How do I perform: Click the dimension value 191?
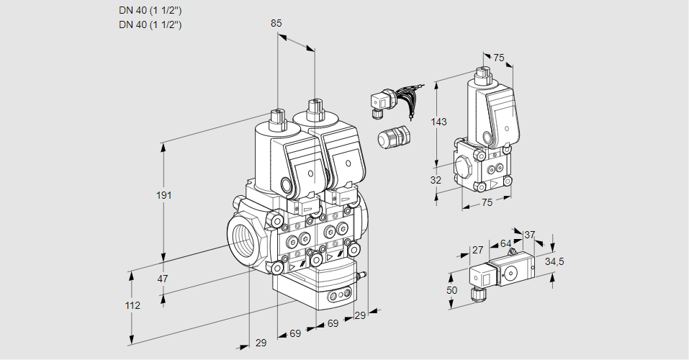(166, 196)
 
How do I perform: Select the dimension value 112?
(132, 305)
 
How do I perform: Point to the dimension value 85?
(276, 23)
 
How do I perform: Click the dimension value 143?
(439, 122)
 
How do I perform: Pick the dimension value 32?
(436, 180)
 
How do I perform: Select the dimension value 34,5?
(554, 261)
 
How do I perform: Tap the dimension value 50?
(452, 289)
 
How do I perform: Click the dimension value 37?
(530, 235)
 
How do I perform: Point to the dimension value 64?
(505, 244)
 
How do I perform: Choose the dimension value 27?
(477, 251)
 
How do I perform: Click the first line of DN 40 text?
(150, 11)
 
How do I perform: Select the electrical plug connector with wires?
(379, 104)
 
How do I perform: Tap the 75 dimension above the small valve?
(499, 58)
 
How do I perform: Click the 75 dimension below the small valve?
(487, 203)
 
